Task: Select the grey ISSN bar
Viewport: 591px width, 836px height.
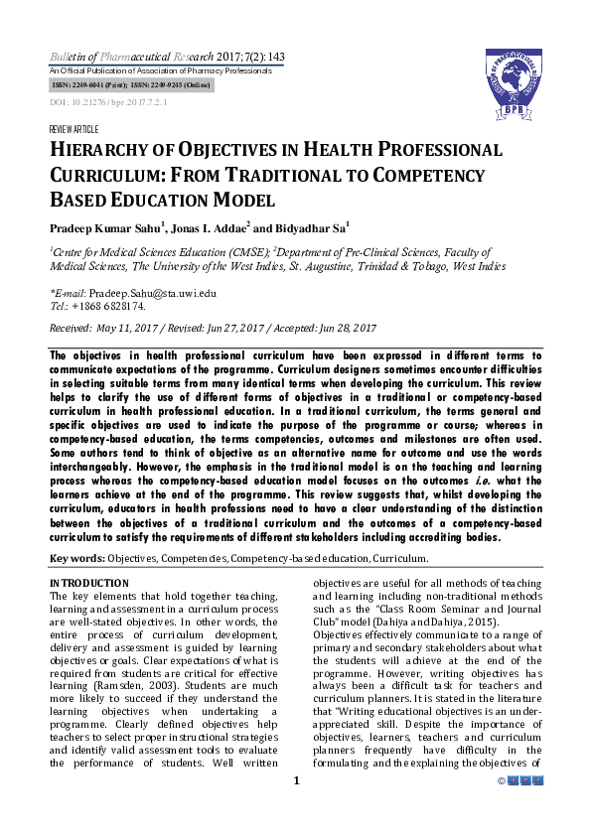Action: pos(129,87)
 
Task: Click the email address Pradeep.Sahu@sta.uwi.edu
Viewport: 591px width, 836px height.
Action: pos(152,294)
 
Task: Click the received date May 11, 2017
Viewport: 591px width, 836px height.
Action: pos(128,328)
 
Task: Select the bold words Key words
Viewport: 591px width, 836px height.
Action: pos(76,559)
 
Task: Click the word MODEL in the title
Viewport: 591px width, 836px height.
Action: pos(250,202)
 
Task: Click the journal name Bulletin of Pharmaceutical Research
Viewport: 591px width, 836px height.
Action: pos(124,58)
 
